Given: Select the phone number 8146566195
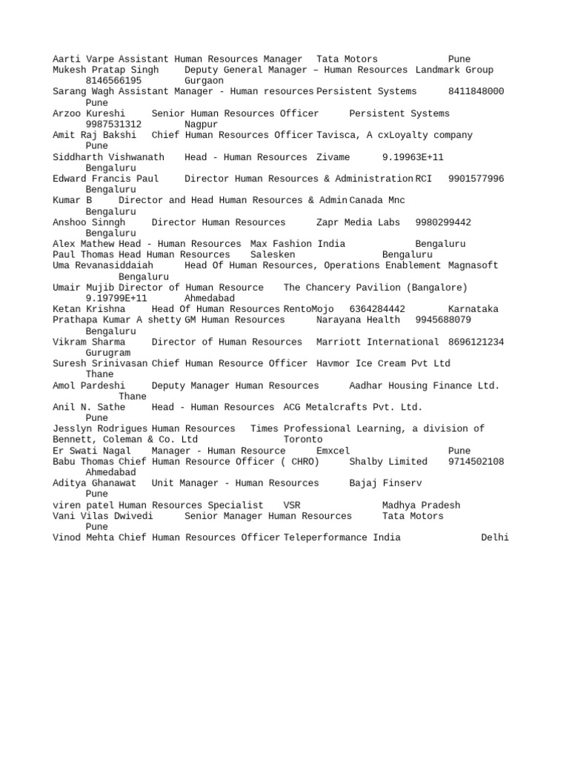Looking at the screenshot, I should click(113, 81).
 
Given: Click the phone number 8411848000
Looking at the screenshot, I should click(476, 92).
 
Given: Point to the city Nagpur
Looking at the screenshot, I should click(201, 125).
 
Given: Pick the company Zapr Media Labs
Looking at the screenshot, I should click(358, 222).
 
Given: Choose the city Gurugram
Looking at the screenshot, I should click(108, 353).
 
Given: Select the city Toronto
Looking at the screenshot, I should click(303, 440).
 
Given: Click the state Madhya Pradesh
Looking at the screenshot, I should click(421, 506).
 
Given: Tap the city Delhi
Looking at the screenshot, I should click(495, 538).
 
